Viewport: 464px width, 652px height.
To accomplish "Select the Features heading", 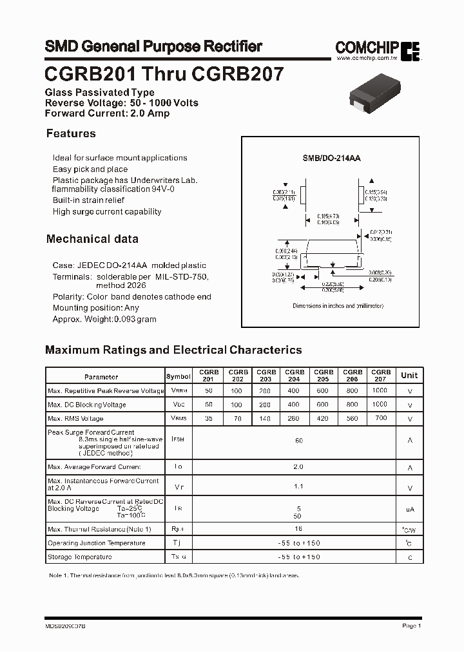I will pyautogui.click(x=71, y=133).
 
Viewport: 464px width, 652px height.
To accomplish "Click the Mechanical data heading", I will pyautogui.click(x=92, y=239).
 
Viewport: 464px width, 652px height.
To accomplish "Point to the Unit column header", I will pyautogui.click(x=409, y=375).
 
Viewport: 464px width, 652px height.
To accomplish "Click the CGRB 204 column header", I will pyautogui.click(x=295, y=375).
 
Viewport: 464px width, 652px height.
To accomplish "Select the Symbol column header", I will pyautogui.click(x=179, y=376).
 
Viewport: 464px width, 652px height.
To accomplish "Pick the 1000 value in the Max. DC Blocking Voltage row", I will pyautogui.click(x=380, y=404).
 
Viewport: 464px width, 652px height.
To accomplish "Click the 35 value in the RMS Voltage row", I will pyautogui.click(x=208, y=418).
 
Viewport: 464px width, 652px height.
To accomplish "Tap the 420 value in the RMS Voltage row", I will pyautogui.click(x=323, y=418).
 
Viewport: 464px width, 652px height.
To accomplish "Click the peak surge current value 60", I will pyautogui.click(x=298, y=441).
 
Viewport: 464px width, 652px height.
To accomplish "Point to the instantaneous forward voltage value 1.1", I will pyautogui.click(x=298, y=487).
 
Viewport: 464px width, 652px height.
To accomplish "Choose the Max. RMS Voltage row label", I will pyautogui.click(x=76, y=419).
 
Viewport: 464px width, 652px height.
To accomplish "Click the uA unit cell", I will pyautogui.click(x=409, y=509).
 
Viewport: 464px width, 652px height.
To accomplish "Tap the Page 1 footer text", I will pyautogui.click(x=411, y=626).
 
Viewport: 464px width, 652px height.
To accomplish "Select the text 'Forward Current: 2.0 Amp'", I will pyautogui.click(x=107, y=113).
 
